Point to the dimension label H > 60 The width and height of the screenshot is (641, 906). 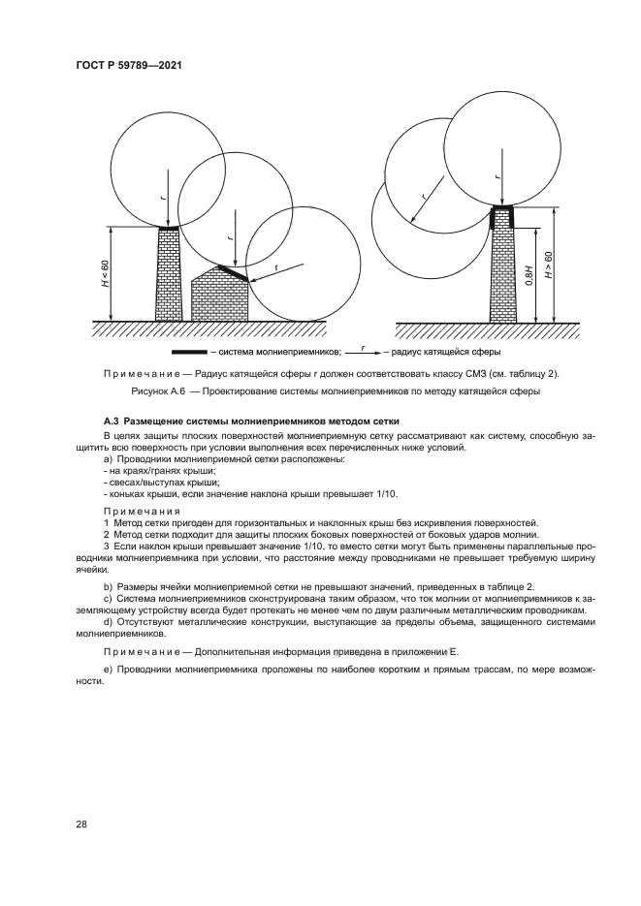[550, 266]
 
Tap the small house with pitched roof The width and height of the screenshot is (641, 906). [221, 295]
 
